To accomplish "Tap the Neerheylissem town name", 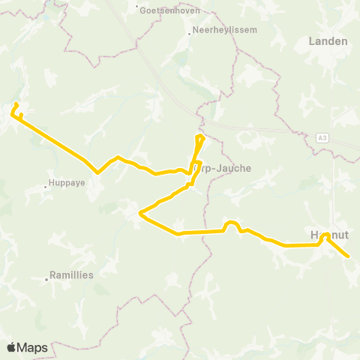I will click(223, 31).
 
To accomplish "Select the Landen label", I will click(328, 41).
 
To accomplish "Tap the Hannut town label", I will click(327, 234).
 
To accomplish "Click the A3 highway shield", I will click(322, 136).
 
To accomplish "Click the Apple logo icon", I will click(12, 348).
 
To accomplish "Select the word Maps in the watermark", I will click(33, 348).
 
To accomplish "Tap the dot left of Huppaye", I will click(45, 183).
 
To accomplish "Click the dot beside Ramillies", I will click(46, 279).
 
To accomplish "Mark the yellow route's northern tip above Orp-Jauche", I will click(200, 136).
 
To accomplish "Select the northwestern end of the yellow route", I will click(16, 103).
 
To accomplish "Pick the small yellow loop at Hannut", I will click(325, 236).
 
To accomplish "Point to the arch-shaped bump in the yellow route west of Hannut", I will click(231, 223).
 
